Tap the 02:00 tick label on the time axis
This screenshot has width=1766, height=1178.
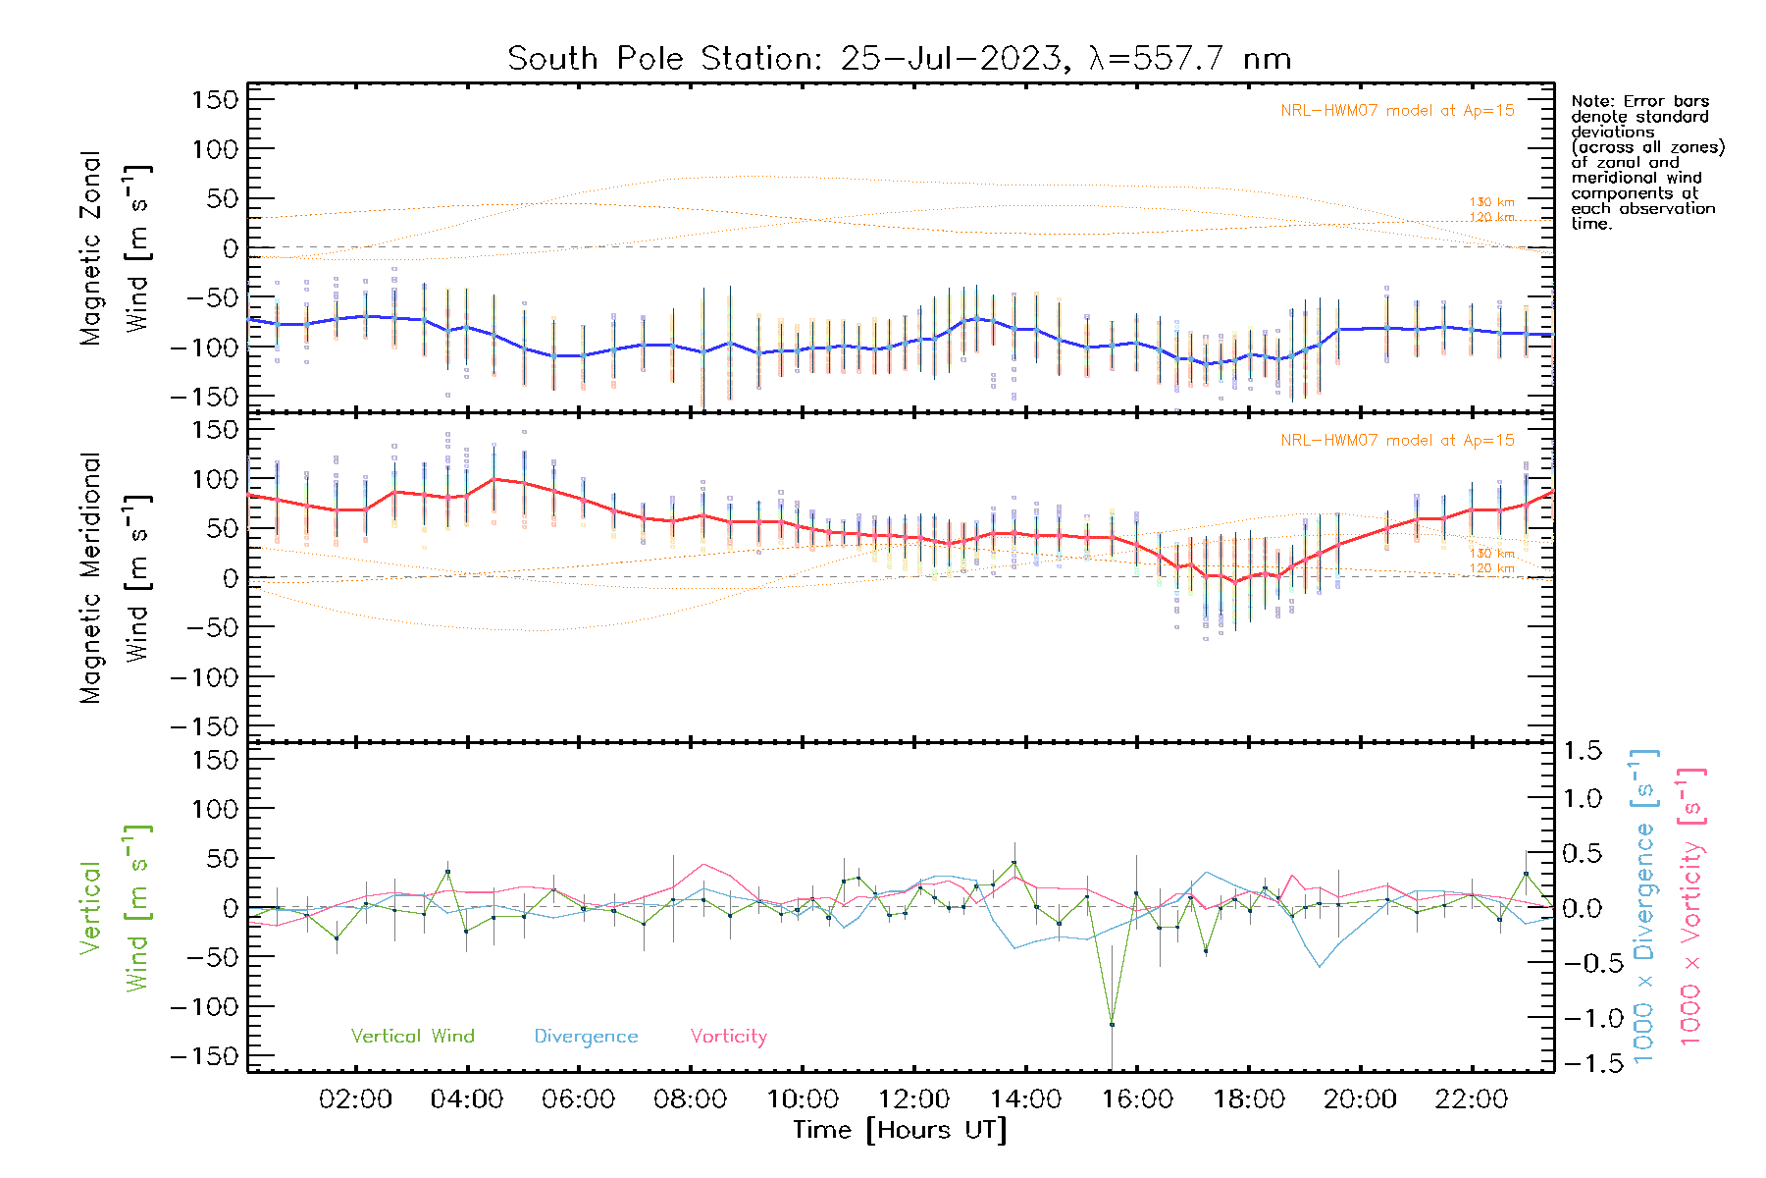(x=355, y=1099)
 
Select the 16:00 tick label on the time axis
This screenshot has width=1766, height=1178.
(x=1137, y=1099)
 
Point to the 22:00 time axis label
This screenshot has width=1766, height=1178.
(x=1471, y=1099)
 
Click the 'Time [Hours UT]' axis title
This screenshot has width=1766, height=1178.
(x=900, y=1130)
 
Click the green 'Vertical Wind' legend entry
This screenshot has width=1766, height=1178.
(x=412, y=1037)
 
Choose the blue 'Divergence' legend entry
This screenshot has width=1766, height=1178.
(x=586, y=1037)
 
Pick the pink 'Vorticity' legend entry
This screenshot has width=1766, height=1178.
(x=728, y=1037)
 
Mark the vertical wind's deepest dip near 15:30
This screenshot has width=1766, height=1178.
(x=1112, y=1025)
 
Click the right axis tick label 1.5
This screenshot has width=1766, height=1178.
(x=1582, y=751)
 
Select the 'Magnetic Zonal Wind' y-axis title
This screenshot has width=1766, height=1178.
(x=115, y=247)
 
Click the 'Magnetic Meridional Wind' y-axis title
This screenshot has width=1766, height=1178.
(x=115, y=577)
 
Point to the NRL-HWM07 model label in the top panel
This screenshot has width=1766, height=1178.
(x=1397, y=111)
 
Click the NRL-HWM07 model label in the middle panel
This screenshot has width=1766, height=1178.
(x=1397, y=441)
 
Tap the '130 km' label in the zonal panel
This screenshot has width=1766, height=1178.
(x=1491, y=202)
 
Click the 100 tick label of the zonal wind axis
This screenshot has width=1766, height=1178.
(x=216, y=149)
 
